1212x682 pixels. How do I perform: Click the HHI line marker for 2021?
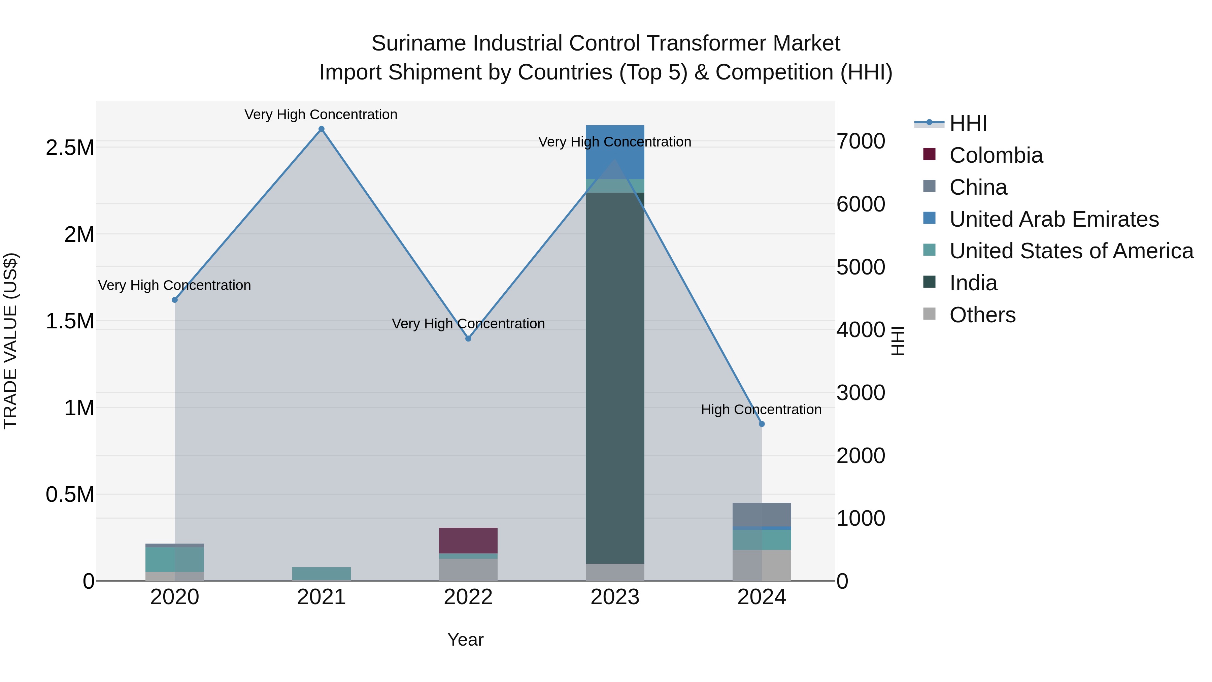[322, 129]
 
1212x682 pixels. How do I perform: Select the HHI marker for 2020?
[174, 300]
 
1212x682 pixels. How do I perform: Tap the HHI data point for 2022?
[468, 338]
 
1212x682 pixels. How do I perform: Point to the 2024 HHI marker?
[762, 424]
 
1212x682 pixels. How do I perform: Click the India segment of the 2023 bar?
[615, 377]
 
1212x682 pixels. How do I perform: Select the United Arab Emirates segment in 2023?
[615, 152]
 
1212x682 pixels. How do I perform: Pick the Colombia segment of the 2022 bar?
[468, 540]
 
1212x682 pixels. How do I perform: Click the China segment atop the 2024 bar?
[762, 514]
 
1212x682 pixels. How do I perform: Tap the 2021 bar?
[322, 574]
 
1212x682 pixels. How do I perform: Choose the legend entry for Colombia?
[996, 155]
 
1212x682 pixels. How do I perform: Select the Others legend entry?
[982, 315]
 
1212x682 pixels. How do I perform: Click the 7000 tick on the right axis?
[861, 141]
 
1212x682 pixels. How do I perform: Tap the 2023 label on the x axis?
[615, 597]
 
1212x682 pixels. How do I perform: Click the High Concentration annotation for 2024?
[761, 410]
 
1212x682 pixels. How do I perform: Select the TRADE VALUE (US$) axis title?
[10, 341]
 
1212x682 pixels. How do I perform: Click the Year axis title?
[465, 640]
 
